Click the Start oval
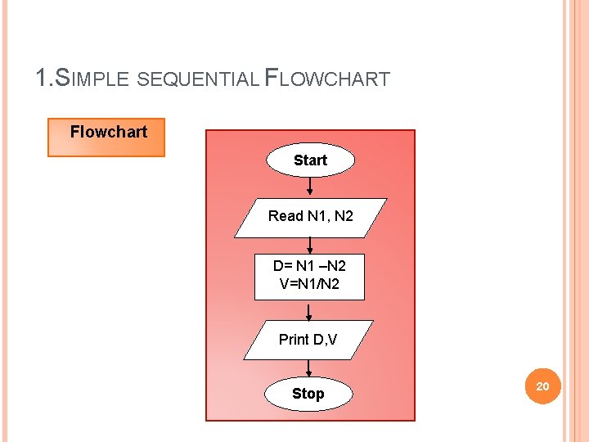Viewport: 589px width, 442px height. tap(310, 160)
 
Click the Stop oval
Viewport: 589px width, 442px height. tap(308, 394)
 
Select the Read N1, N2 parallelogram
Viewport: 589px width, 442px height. tap(310, 217)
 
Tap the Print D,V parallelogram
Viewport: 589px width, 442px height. tap(308, 340)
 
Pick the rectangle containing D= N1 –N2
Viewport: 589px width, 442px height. tap(309, 276)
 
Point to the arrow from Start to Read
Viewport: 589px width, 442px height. tap(310, 187)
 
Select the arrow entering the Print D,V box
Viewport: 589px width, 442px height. tap(309, 311)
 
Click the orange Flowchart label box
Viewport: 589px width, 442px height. tap(106, 138)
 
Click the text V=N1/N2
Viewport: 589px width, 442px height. tap(309, 285)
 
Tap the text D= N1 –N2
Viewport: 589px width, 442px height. tap(309, 266)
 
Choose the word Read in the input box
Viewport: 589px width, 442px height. tap(286, 216)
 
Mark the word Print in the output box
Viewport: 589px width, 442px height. tap(294, 340)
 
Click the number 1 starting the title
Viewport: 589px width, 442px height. tap(42, 79)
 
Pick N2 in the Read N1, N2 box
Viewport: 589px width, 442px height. tap(344, 216)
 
